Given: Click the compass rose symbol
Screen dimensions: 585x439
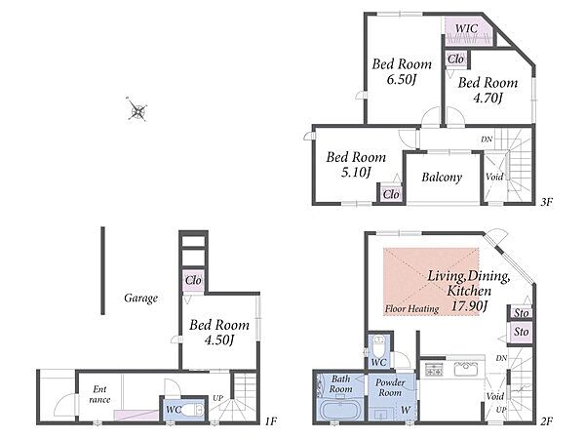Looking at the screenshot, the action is (137, 109).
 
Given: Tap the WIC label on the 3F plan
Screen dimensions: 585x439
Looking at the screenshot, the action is (466, 28).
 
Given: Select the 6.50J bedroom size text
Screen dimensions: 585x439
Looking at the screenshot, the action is (401, 79).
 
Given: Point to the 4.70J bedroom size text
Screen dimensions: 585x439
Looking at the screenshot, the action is (487, 98).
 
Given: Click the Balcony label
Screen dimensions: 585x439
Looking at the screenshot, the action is (442, 177).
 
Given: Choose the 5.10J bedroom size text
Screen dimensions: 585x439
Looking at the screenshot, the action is (356, 172).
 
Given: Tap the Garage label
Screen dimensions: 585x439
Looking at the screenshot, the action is (140, 298).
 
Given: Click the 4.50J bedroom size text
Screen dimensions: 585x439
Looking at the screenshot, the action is (219, 340).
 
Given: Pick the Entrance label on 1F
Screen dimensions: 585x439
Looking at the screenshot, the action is (99, 394).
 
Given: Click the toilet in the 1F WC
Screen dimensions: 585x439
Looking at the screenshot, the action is (193, 411).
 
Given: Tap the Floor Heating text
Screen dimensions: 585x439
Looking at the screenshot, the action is (411, 308).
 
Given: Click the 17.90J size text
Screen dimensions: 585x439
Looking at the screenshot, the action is (469, 306).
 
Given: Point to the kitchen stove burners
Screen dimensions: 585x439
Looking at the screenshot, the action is (434, 369).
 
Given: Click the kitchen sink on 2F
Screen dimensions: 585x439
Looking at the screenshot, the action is (465, 370).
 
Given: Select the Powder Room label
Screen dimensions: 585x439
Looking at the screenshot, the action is (390, 387).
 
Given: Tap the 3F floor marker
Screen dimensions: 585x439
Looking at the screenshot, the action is (546, 202).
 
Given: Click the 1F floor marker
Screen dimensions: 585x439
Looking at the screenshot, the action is (271, 421).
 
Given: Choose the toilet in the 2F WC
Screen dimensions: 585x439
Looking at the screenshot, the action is (379, 346).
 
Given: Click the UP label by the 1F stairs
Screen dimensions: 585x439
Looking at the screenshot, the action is (217, 398).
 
